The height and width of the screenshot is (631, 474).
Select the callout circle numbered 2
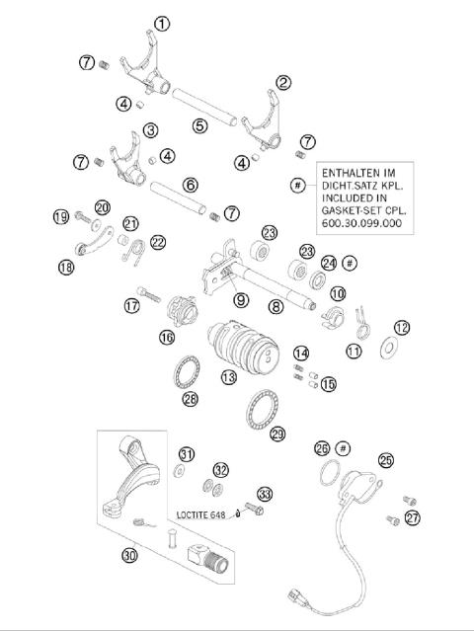tap(283, 83)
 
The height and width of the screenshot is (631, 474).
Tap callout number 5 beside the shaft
tap(200, 125)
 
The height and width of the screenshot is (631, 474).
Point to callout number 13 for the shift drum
tap(228, 376)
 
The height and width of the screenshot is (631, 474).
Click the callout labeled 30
tap(129, 555)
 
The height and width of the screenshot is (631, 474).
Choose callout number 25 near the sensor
tap(385, 459)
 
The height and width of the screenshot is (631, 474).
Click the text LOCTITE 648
tap(205, 514)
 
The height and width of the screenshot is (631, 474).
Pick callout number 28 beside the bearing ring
tap(190, 398)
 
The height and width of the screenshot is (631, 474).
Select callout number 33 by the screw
tap(264, 493)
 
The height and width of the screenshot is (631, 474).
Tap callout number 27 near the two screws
tap(412, 516)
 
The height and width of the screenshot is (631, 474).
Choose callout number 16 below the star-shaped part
tap(167, 338)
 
